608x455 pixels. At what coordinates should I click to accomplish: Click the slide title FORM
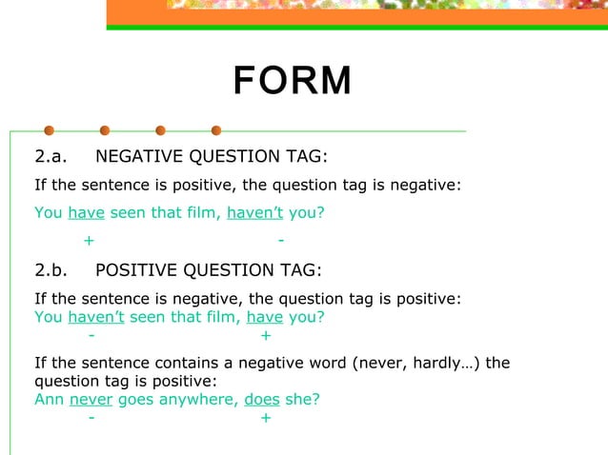(293, 82)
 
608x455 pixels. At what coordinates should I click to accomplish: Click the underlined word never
(91, 400)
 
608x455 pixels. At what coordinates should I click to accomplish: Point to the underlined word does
(262, 400)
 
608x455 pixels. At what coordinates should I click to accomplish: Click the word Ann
(50, 400)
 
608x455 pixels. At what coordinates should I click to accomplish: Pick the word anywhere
(195, 400)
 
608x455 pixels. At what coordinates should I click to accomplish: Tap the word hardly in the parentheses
(422, 364)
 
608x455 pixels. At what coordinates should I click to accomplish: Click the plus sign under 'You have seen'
(89, 240)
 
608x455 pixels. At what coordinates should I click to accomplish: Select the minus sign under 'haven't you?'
(280, 240)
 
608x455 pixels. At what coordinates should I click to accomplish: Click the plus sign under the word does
(265, 418)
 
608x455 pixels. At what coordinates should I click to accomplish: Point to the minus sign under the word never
(91, 418)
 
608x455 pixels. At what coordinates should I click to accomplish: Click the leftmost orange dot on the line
(49, 130)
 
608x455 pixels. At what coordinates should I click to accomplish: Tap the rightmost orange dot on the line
(216, 130)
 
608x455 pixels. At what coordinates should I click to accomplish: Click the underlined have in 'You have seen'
(86, 212)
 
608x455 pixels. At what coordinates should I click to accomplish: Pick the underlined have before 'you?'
(265, 317)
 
